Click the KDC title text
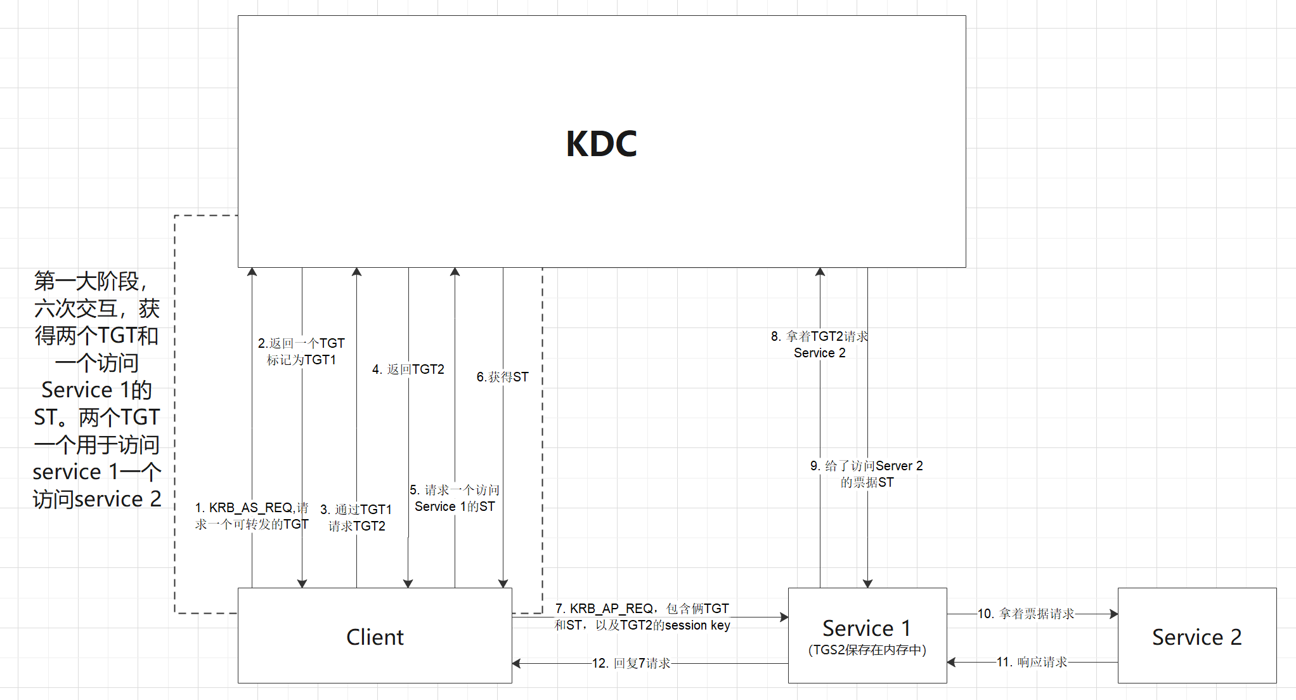point(601,143)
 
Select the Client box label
point(375,637)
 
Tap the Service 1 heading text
point(867,628)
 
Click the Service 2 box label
point(1196,637)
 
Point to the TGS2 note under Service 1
point(867,650)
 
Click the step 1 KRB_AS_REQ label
point(252,516)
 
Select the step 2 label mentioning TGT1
point(301,352)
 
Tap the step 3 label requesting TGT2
point(356,518)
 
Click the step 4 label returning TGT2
point(408,369)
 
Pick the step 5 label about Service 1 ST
point(455,498)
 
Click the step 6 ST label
point(502,377)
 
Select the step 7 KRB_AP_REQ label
point(642,617)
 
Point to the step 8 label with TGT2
point(820,345)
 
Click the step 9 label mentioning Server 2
point(867,474)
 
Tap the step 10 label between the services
point(1026,614)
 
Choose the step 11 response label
point(1032,662)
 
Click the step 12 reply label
point(631,663)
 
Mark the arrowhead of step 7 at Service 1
point(784,617)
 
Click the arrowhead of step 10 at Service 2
point(1114,614)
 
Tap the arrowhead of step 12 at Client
point(516,663)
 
